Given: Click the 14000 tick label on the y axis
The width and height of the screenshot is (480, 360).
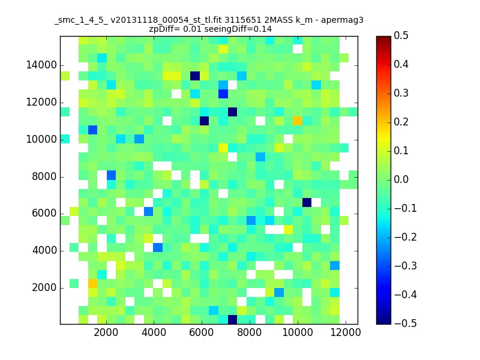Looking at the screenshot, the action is (41, 65).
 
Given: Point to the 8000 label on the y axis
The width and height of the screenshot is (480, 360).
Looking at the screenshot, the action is (44, 176).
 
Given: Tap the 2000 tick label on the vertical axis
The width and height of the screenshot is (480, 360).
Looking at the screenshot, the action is (44, 288).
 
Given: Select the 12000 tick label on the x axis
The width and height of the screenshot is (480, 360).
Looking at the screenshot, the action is (346, 332).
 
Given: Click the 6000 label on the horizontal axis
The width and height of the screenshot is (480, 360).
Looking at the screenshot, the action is (202, 332).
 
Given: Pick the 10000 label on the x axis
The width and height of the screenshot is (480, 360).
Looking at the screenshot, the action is (297, 332).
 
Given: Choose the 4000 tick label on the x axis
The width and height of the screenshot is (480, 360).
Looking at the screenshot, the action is (154, 332).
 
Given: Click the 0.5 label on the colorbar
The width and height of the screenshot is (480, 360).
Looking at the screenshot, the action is (401, 35).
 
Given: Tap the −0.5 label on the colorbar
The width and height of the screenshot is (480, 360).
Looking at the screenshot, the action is (406, 323).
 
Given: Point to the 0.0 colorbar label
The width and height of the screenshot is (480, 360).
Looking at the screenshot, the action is (401, 179).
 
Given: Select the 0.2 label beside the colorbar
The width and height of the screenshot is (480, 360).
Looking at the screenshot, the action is (401, 122).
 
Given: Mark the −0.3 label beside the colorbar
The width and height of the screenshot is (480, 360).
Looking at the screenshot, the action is (406, 266).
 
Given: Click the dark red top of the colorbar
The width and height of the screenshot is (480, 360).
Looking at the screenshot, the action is (383, 39).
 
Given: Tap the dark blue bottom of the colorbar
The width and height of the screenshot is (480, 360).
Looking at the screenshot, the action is (383, 321).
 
